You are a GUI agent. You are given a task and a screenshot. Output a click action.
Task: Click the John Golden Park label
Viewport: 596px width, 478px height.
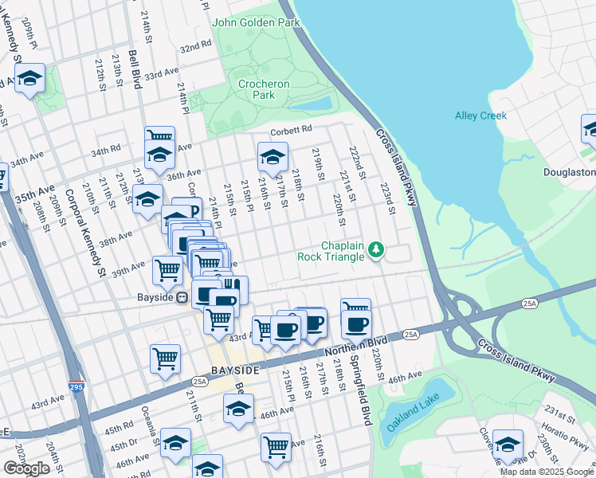[x=255, y=22]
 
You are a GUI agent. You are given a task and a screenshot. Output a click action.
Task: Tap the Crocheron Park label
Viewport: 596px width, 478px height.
[x=264, y=89]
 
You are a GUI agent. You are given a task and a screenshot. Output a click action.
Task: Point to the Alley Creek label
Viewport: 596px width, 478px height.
[x=480, y=116]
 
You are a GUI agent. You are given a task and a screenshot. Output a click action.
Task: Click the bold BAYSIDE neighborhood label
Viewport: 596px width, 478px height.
[x=235, y=371]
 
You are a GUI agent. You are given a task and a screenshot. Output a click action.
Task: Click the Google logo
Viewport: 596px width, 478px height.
[x=27, y=468]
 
